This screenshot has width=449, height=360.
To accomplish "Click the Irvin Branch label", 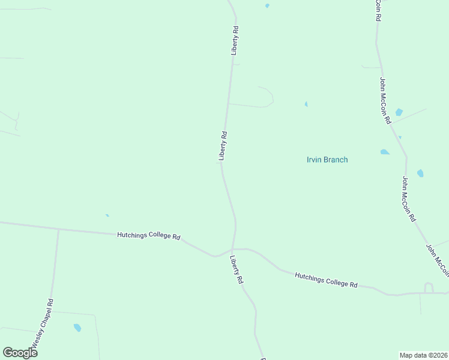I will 327,160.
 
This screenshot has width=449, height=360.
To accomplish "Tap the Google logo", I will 20,352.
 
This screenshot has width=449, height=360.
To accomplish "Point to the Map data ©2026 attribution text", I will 424,355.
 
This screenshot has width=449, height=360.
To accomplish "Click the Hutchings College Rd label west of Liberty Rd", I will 149,237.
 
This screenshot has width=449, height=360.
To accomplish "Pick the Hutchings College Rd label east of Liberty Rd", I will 326,280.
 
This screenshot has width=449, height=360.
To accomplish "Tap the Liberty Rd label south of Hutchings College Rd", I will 237,270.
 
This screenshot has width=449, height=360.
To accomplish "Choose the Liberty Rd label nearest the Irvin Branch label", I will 223,146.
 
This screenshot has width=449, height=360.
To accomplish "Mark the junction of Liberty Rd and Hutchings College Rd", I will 233,249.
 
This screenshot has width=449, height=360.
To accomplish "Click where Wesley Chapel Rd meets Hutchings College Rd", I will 58,229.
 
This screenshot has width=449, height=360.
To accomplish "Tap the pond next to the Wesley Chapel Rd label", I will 77,328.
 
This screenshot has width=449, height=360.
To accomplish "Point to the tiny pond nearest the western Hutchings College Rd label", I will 107,215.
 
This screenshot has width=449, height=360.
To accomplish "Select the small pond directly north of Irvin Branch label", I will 306,104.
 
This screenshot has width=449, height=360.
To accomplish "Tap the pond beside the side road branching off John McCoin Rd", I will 399,112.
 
